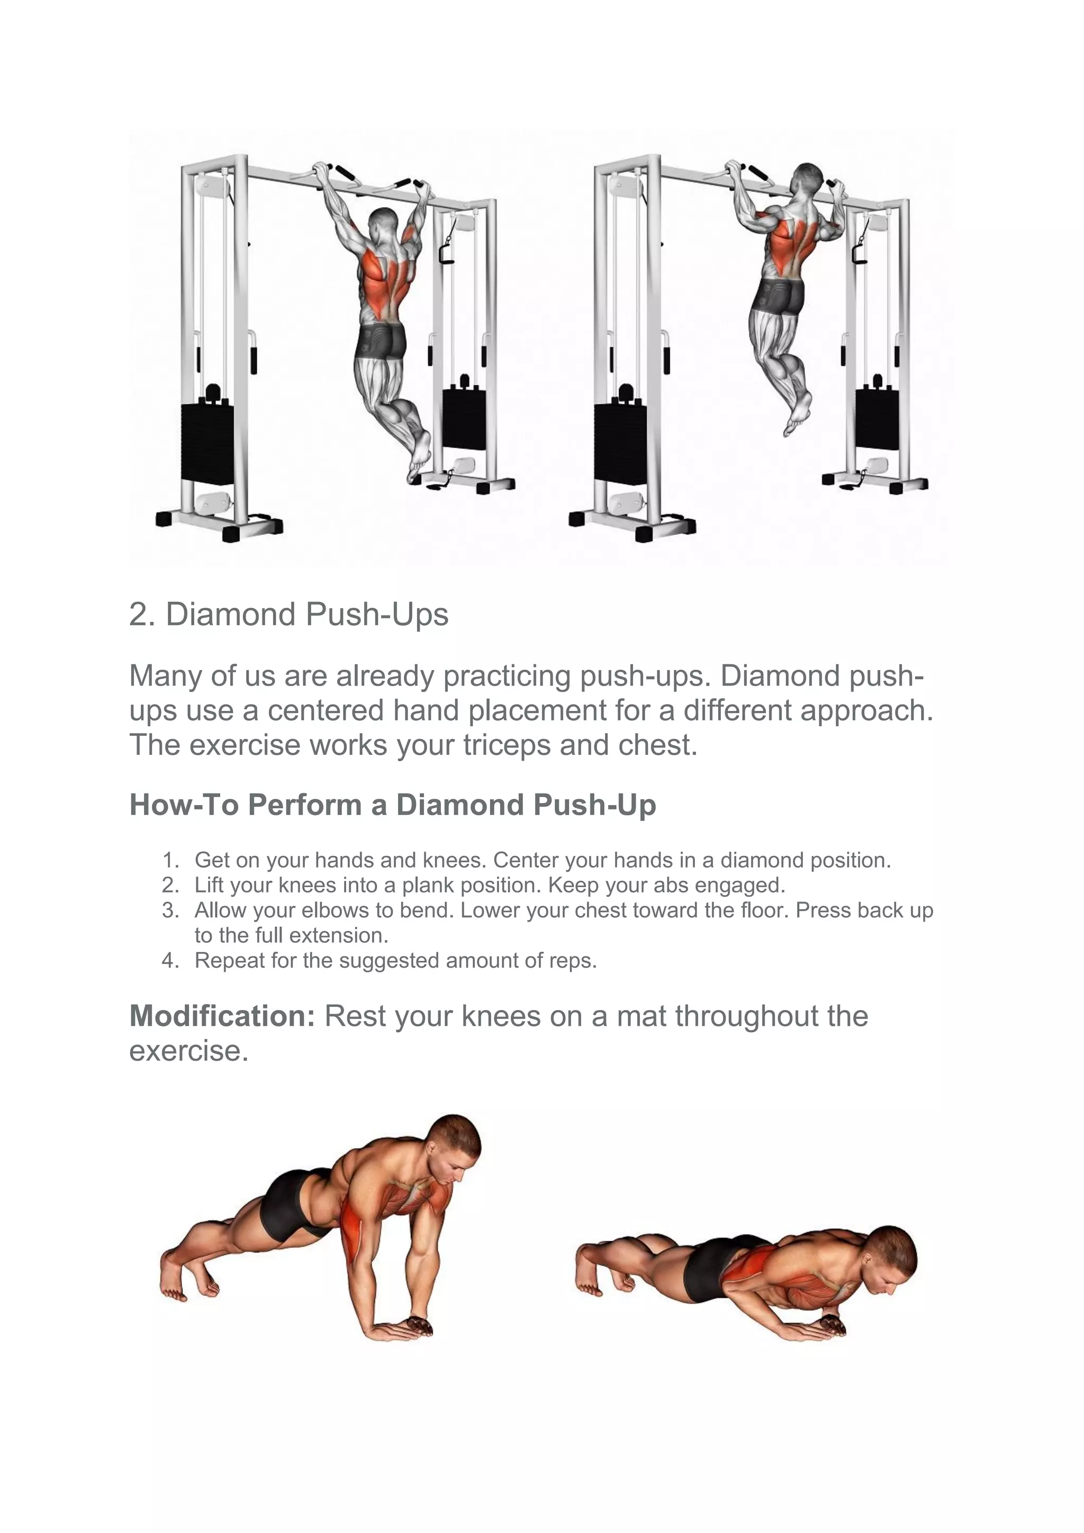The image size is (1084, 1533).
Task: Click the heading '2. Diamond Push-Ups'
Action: point(288,614)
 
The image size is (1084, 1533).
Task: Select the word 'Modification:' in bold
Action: point(222,1016)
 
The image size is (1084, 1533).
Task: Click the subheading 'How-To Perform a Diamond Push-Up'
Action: point(393,805)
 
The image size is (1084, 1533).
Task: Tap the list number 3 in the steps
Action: point(171,910)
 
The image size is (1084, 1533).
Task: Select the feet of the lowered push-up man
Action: point(598,1269)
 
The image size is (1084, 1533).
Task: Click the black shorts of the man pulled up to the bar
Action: point(781,297)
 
